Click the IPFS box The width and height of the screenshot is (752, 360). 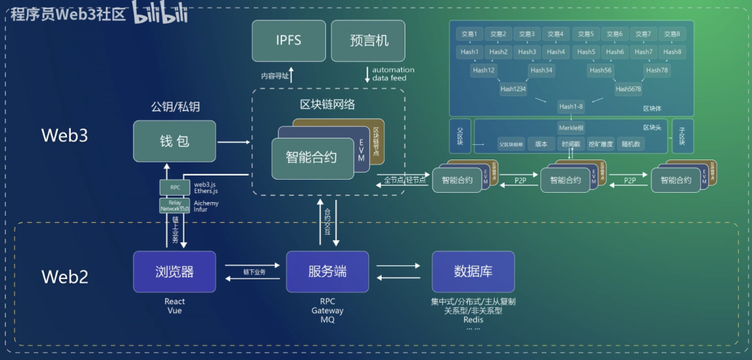pyautogui.click(x=288, y=40)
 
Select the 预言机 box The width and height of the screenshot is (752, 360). pyautogui.click(x=368, y=40)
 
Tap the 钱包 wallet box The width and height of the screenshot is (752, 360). pyautogui.click(x=174, y=141)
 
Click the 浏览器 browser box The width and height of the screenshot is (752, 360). pyautogui.click(x=174, y=272)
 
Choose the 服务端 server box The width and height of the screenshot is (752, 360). pyautogui.click(x=327, y=272)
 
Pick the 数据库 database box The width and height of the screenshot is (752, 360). pyautogui.click(x=473, y=272)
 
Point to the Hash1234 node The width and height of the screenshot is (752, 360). pyautogui.click(x=513, y=89)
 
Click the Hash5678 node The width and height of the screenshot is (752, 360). pyautogui.click(x=628, y=89)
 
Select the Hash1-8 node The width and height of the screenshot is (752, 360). pyautogui.click(x=570, y=107)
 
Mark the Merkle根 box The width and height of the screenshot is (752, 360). pyautogui.click(x=570, y=127)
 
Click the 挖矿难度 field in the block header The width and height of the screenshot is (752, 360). pyautogui.click(x=600, y=144)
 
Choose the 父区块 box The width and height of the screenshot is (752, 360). pyautogui.click(x=460, y=136)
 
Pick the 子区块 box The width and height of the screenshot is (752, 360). pyautogui.click(x=682, y=136)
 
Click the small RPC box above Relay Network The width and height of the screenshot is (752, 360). pyautogui.click(x=175, y=187)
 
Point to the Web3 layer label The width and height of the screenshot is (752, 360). pyautogui.click(x=65, y=135)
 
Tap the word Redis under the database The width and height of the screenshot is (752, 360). pyautogui.click(x=473, y=319)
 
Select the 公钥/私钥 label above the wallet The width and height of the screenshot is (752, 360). pyautogui.click(x=175, y=107)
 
